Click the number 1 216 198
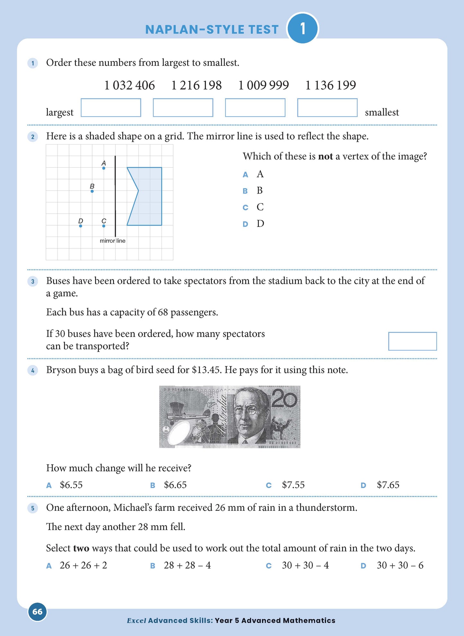click(196, 85)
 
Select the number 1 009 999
click(263, 85)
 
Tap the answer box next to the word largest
click(111, 108)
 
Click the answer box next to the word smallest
click(327, 108)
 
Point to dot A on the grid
click(104, 168)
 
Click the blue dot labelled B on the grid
click(92, 191)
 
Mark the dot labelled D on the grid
click(81, 226)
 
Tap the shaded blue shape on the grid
click(149, 196)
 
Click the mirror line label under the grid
click(112, 241)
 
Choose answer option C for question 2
click(260, 207)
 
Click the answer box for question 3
click(412, 341)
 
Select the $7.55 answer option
click(293, 485)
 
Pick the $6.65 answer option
click(175, 485)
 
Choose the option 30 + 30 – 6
click(400, 565)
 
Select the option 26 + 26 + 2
click(83, 565)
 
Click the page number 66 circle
click(38, 612)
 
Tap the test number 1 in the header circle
click(302, 29)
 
